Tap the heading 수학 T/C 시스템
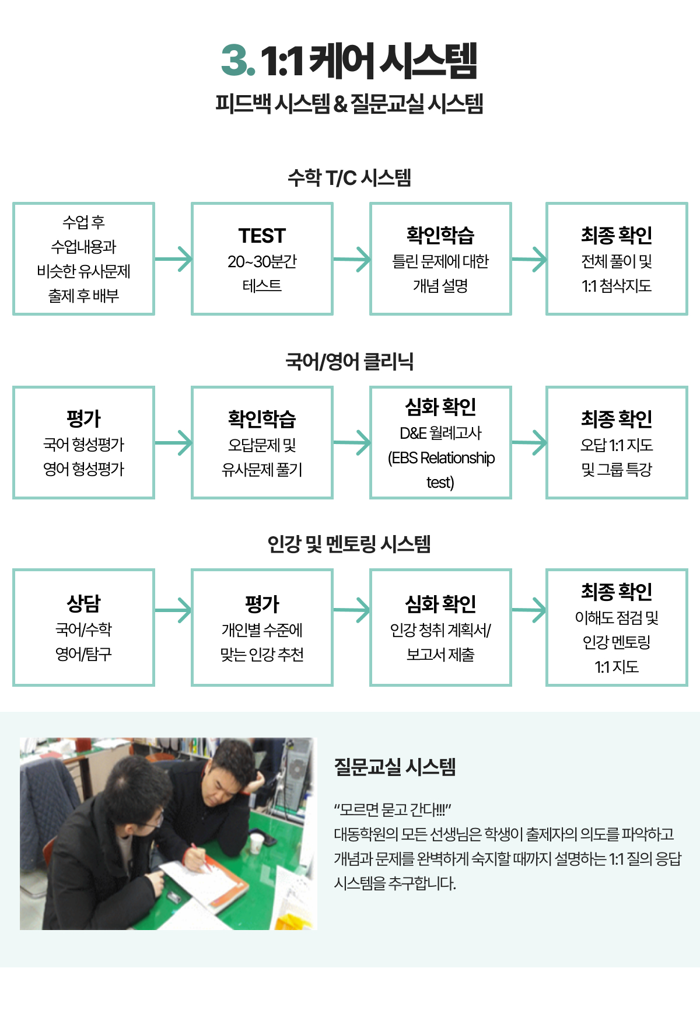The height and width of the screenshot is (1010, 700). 349,177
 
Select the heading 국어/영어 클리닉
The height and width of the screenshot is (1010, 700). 349,361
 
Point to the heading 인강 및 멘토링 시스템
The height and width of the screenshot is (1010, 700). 349,544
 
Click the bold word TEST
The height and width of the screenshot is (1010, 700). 262,236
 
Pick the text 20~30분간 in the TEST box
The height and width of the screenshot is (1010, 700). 262,261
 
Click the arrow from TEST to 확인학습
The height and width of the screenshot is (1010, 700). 352,259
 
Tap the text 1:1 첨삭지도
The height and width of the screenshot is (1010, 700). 617,286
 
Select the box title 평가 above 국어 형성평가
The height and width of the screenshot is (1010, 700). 83,418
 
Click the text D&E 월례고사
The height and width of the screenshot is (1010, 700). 440,433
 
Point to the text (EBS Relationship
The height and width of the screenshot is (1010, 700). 441,458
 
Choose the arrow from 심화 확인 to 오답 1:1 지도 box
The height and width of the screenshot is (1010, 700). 529,442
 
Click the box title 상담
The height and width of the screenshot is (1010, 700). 83,603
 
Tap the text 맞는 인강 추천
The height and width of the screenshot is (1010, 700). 262,655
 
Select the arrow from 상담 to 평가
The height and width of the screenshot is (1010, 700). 173,610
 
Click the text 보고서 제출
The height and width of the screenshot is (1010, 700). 440,655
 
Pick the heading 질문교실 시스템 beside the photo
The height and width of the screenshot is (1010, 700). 395,767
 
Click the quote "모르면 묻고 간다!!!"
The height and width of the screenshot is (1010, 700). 393,810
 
